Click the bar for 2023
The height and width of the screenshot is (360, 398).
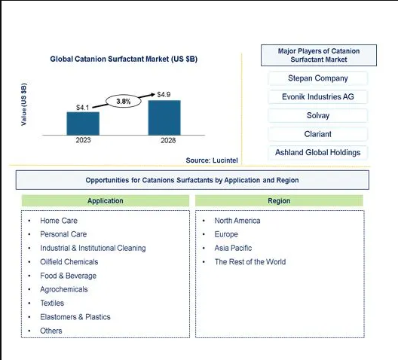[x=83, y=124]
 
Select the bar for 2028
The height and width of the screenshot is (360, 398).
[x=164, y=117]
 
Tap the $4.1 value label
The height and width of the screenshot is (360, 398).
[x=82, y=108]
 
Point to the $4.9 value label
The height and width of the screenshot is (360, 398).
[x=164, y=95]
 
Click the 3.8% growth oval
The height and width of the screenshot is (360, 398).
[x=124, y=102]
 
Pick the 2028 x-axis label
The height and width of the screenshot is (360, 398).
[x=168, y=140]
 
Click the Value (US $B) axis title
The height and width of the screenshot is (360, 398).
[x=23, y=104]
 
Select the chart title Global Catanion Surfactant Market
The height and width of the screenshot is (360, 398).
[x=124, y=59]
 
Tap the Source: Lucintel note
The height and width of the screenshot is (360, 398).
[x=212, y=160]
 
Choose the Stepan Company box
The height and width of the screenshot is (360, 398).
[x=318, y=78]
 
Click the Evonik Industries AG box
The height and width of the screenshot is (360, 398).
[x=318, y=97]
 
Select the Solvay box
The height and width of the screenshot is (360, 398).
[x=318, y=115]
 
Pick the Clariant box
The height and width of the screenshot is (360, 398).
[x=318, y=134]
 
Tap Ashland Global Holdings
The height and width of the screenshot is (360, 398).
[x=318, y=153]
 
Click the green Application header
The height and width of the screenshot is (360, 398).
[x=106, y=201]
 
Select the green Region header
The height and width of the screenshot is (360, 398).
[x=279, y=201]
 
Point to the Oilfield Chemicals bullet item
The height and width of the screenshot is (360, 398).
[x=69, y=262]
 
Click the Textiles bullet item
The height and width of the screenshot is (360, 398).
[x=52, y=304]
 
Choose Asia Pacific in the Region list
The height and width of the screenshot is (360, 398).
[x=233, y=248]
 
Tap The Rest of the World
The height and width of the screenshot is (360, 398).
[x=250, y=262]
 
